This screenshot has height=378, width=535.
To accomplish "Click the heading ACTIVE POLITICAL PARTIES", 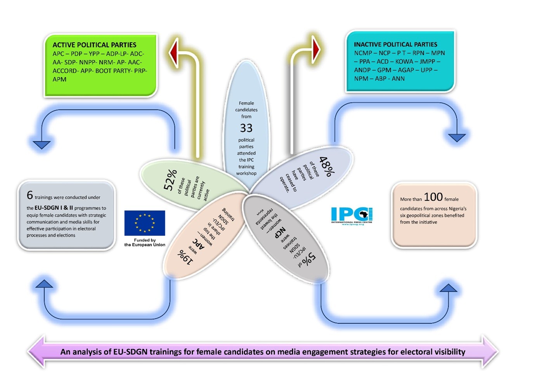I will click(x=94, y=45).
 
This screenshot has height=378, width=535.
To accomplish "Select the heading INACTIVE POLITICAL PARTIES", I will click(x=395, y=44).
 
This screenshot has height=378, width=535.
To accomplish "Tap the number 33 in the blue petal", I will click(x=246, y=128).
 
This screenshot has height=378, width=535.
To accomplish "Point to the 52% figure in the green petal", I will click(x=170, y=180).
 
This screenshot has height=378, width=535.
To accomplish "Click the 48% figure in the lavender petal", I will click(x=327, y=166).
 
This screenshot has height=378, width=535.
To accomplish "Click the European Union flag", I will click(x=145, y=223).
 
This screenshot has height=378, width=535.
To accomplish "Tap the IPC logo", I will click(x=351, y=215).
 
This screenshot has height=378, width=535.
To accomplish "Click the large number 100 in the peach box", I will click(x=433, y=197).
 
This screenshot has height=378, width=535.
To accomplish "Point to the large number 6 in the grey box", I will click(x=30, y=195).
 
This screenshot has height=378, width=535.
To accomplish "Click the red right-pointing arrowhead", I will click(x=316, y=49).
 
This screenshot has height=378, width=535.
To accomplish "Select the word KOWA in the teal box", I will click(x=404, y=61).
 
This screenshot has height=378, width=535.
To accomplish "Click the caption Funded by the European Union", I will click(x=145, y=242).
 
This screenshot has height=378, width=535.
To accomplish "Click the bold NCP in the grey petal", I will click(x=280, y=232).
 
